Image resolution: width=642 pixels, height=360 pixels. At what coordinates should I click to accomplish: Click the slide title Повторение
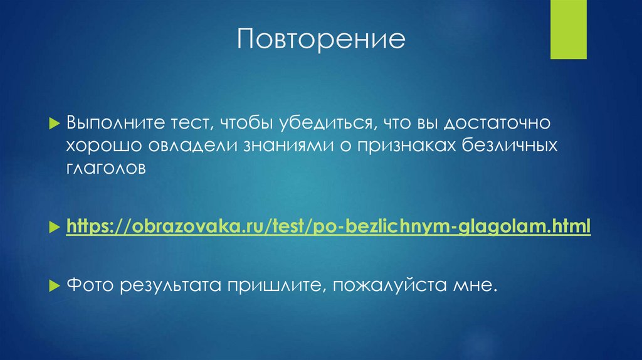(321, 40)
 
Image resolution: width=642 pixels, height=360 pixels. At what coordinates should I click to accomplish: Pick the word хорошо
(104, 146)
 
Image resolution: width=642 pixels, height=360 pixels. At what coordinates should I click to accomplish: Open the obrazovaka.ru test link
(329, 226)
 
